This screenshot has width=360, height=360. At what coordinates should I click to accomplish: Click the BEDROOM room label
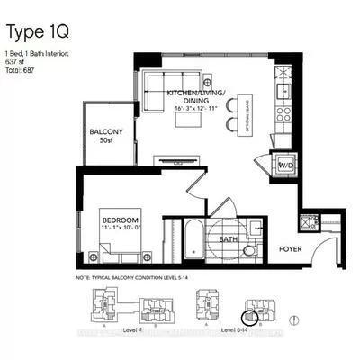point(121,220)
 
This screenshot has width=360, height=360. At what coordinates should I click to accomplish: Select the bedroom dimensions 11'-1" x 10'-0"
point(121,229)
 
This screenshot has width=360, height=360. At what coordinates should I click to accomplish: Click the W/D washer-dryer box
point(284,166)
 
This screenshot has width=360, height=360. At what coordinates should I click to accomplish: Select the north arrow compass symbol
point(298,319)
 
